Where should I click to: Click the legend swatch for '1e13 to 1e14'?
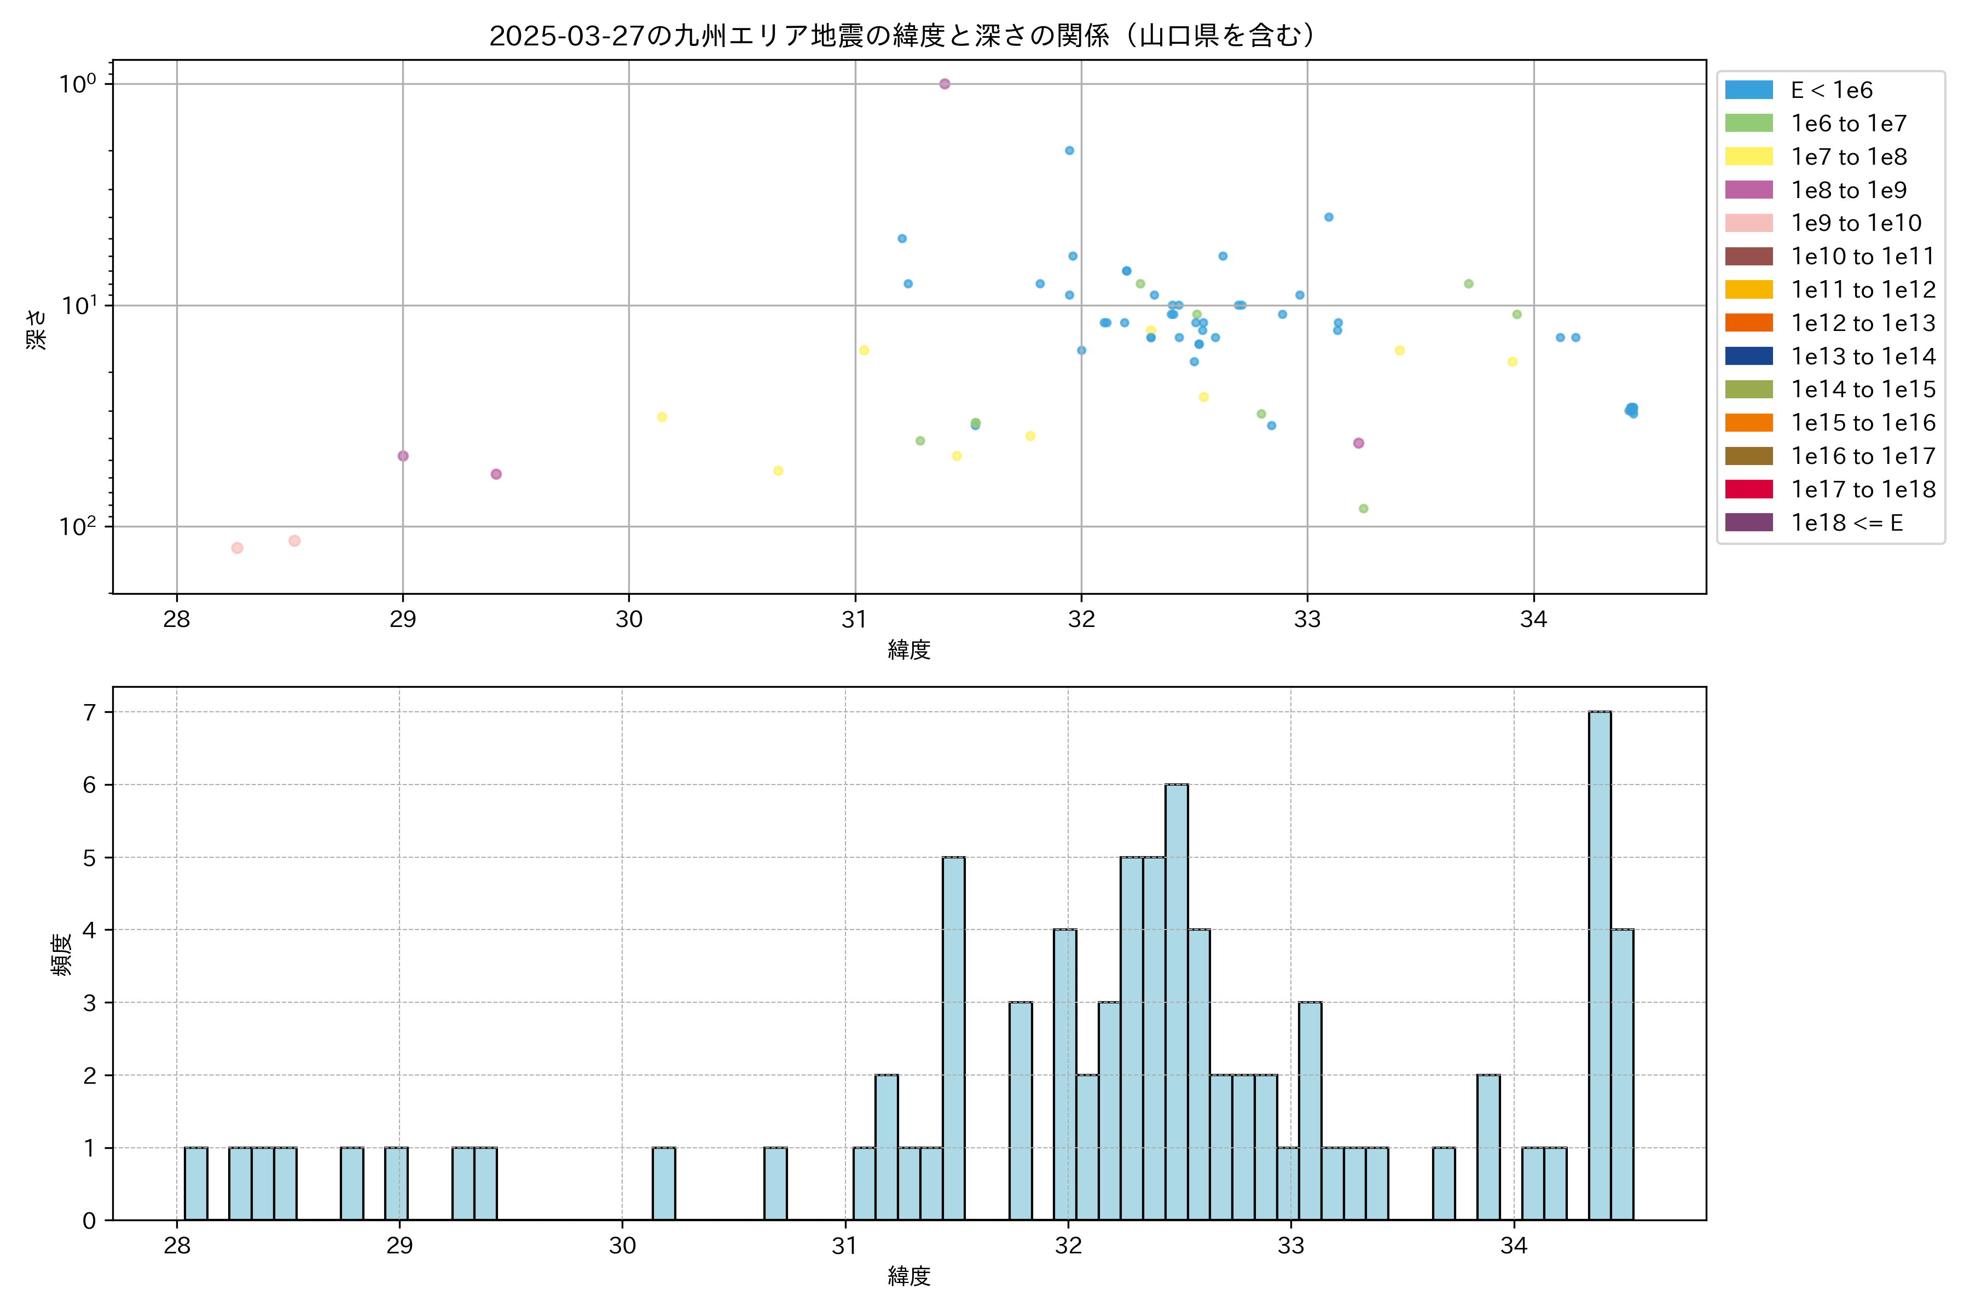pyautogui.click(x=1749, y=357)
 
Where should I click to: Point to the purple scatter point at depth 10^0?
pyautogui.click(x=945, y=84)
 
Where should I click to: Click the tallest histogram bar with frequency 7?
pyautogui.click(x=1600, y=966)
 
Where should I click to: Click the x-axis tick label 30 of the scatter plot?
pyautogui.click(x=629, y=620)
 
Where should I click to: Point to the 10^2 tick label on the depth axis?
pyautogui.click(x=77, y=526)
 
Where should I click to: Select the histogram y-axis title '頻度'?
pyautogui.click(x=61, y=955)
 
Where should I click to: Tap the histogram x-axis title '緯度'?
pyautogui.click(x=909, y=1277)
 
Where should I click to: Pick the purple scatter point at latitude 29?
pyautogui.click(x=403, y=456)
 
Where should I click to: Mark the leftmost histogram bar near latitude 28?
pyautogui.click(x=196, y=1183)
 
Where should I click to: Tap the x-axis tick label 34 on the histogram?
pyautogui.click(x=1514, y=1246)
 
